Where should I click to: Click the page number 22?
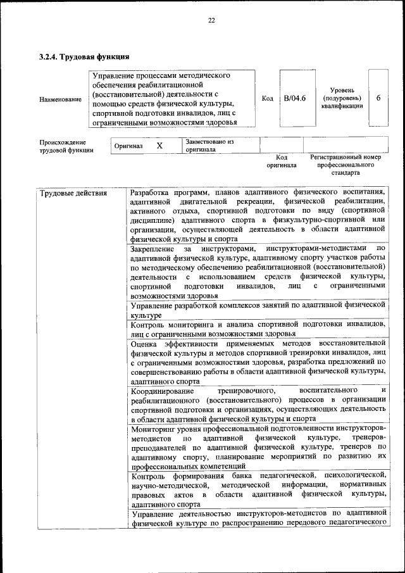(x=211, y=20)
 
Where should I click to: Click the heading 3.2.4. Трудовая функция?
(x=80, y=57)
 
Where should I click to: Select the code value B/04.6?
(x=295, y=98)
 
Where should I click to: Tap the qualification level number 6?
(x=378, y=98)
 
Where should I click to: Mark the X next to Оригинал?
(x=159, y=146)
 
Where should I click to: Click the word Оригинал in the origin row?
(x=128, y=146)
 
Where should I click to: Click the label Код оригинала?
(x=282, y=161)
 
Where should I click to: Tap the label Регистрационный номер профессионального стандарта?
(x=345, y=164)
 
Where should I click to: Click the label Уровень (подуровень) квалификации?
(x=341, y=98)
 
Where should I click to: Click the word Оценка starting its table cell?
(x=145, y=343)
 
